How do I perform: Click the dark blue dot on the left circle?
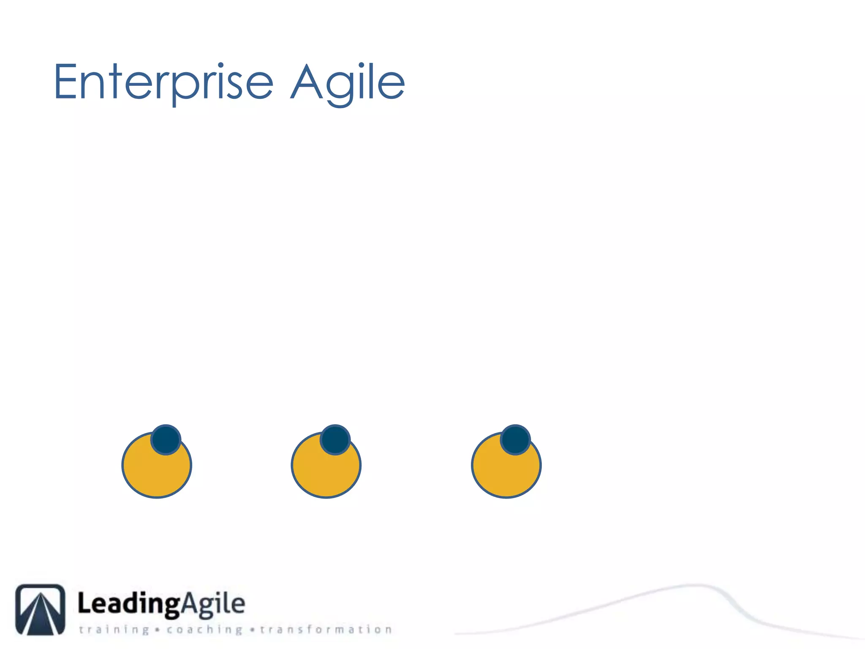(x=166, y=439)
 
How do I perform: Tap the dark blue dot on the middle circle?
(x=335, y=439)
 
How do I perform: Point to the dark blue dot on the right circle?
(x=515, y=439)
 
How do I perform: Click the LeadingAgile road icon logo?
(x=41, y=609)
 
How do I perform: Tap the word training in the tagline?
(x=114, y=630)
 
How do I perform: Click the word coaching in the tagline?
(x=204, y=630)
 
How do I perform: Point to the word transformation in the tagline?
(x=326, y=630)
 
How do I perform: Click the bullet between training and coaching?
(x=158, y=630)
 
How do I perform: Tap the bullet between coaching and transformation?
(x=252, y=630)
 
